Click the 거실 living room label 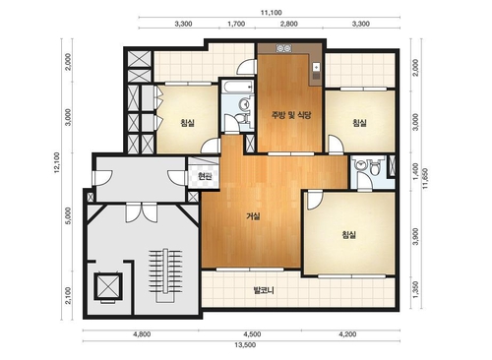click(253, 216)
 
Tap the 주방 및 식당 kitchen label click(291, 115)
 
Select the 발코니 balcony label click(264, 290)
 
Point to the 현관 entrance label click(205, 177)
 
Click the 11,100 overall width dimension click(272, 13)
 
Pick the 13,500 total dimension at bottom click(245, 345)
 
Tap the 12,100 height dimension click(57, 162)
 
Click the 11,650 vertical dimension click(425, 178)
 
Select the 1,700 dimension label click(236, 24)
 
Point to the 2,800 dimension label click(289, 24)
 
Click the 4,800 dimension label click(142, 334)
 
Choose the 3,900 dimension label click(415, 236)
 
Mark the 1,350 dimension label click(415, 290)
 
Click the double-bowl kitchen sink click(283, 48)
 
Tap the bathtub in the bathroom click(237, 87)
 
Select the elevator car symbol click(108, 286)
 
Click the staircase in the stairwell click(165, 275)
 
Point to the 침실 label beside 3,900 click(348, 235)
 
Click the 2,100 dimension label click(68, 295)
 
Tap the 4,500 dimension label click(252, 334)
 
